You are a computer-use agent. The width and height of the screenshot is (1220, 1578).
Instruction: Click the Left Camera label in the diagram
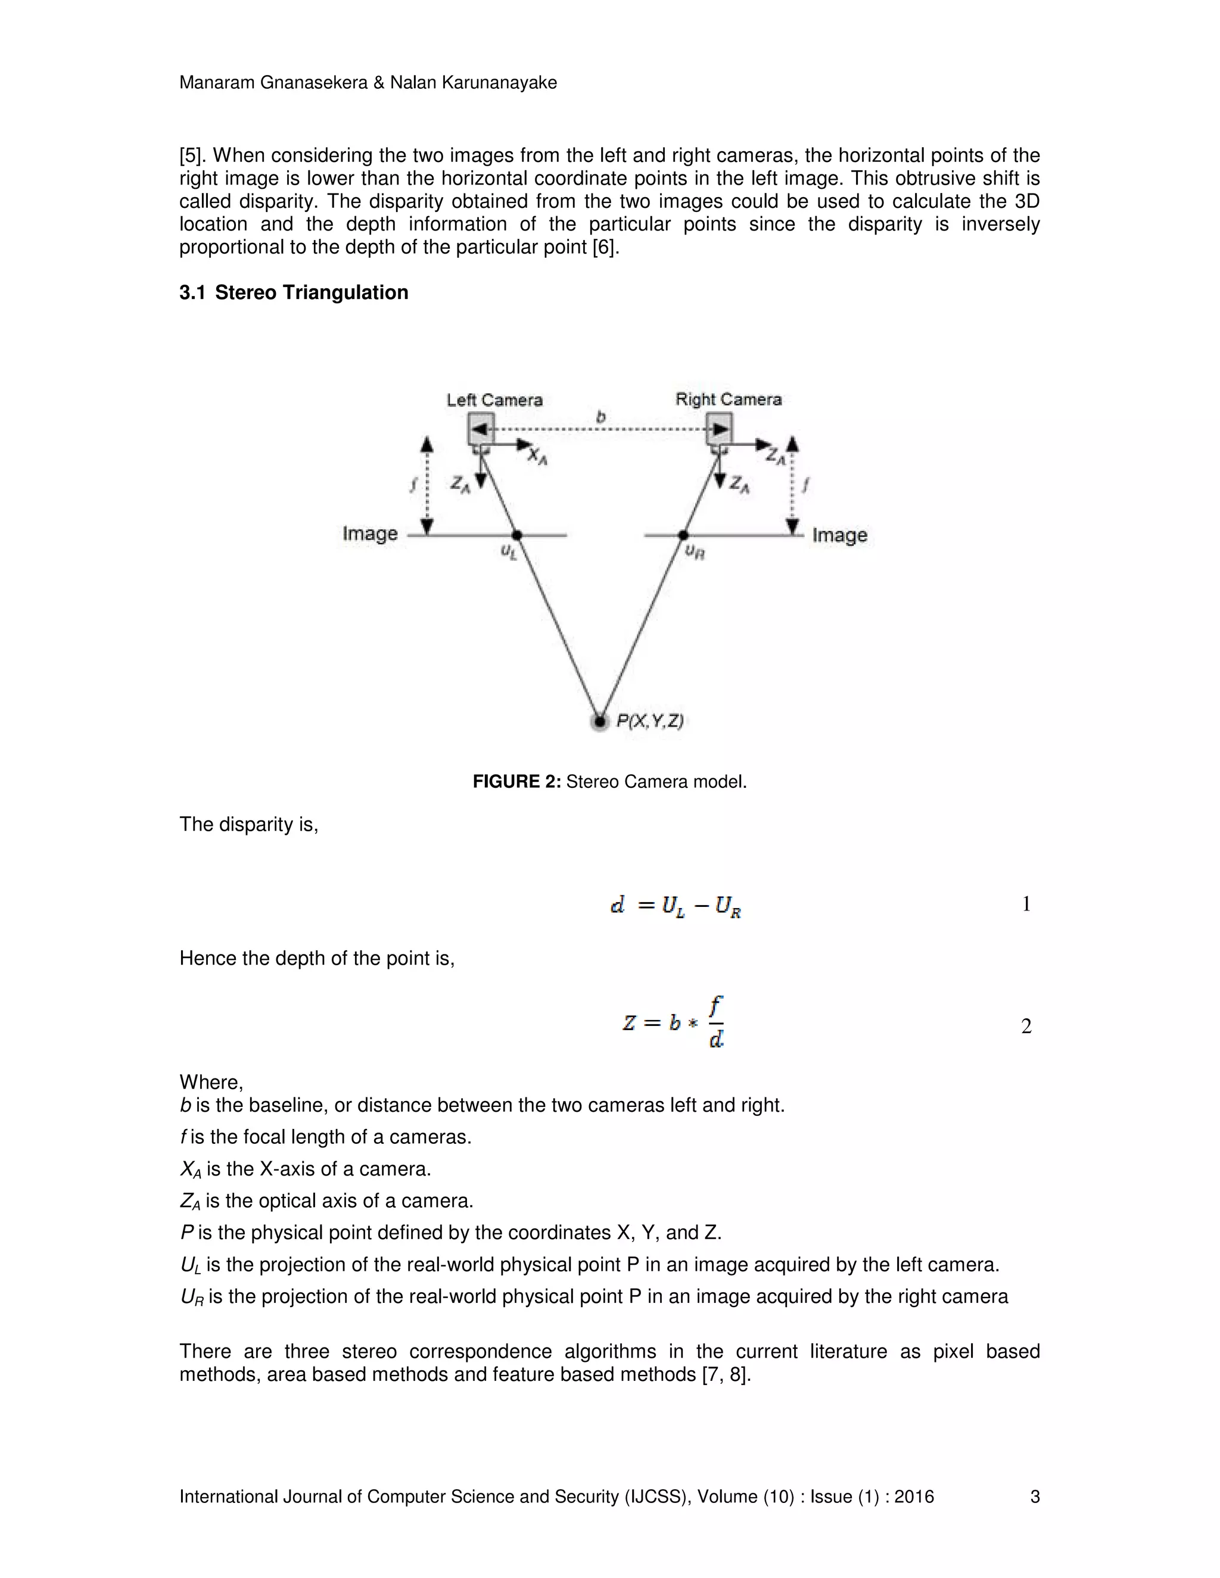pyautogui.click(x=494, y=400)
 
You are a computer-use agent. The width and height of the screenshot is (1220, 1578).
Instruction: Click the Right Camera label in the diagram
pyautogui.click(x=728, y=399)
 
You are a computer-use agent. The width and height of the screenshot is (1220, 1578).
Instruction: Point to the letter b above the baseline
pyautogui.click(x=600, y=417)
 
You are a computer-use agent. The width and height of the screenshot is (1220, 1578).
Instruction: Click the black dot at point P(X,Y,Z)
pyautogui.click(x=599, y=721)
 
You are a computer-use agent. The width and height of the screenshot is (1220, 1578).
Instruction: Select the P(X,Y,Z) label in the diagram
pyautogui.click(x=649, y=721)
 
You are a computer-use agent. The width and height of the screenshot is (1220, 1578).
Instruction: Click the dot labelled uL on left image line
pyautogui.click(x=516, y=535)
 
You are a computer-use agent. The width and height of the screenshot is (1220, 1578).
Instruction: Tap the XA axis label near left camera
pyautogui.click(x=537, y=456)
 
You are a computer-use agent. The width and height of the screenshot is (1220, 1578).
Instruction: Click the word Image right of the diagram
pyautogui.click(x=839, y=535)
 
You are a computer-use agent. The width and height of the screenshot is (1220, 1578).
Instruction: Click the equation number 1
pyautogui.click(x=1026, y=904)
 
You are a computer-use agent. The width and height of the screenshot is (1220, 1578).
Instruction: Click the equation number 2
pyautogui.click(x=1026, y=1026)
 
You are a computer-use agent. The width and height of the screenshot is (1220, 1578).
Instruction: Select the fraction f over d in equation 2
pyautogui.click(x=715, y=1022)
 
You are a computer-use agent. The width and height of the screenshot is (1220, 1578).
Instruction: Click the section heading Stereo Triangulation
pyautogui.click(x=311, y=292)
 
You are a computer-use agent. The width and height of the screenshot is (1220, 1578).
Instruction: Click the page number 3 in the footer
pyautogui.click(x=1034, y=1496)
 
